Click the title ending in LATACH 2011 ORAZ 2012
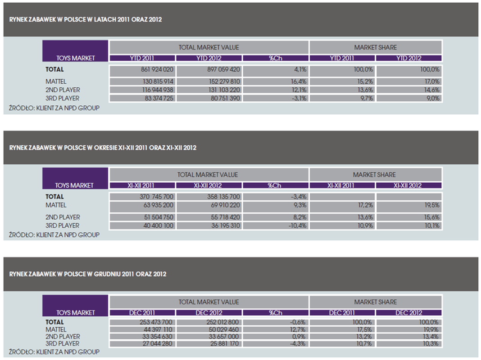point(86,20)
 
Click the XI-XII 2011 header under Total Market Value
point(142,185)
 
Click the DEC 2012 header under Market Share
point(408,313)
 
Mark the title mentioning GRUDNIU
point(88,274)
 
